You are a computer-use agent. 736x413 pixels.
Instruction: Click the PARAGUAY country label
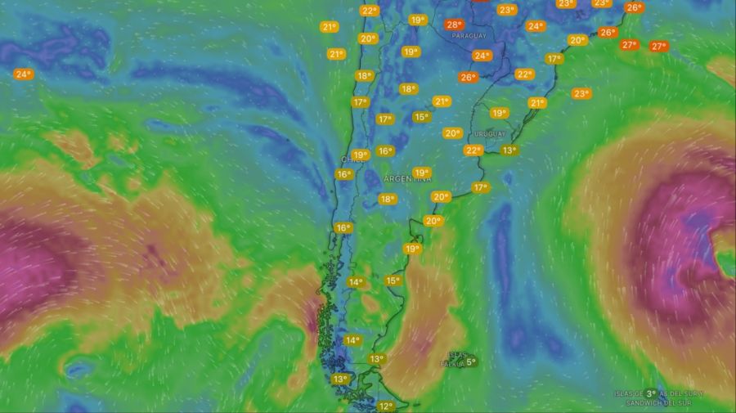coord(469,37)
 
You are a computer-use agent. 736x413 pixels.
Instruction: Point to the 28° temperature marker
coord(455,25)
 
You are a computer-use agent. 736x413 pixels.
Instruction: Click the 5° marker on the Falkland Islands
coord(471,361)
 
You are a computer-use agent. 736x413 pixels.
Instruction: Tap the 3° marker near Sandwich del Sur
coord(650,394)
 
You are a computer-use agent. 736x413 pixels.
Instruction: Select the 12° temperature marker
coord(386,406)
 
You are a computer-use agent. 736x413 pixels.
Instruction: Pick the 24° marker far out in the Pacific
coord(23,74)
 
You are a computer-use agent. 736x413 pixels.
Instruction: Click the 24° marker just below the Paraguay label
coord(482,56)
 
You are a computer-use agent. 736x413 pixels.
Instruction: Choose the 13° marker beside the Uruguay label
coord(509,150)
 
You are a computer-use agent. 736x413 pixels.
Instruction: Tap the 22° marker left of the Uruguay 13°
coord(473,150)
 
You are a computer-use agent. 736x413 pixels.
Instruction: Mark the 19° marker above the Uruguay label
coord(499,113)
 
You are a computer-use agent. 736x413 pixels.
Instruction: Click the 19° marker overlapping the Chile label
coord(360,155)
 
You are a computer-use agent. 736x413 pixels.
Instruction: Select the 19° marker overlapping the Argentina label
coord(421,173)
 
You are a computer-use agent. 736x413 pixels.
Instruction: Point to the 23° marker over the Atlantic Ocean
coord(581,93)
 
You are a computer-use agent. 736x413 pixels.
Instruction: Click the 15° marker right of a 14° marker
coord(393,281)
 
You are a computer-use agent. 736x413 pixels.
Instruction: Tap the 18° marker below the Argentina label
coord(387,199)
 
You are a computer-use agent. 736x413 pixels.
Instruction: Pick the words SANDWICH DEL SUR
coord(659,403)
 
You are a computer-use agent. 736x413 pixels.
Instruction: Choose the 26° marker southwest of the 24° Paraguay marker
coord(467,77)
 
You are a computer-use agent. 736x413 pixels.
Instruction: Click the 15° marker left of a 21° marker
coord(421,117)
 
